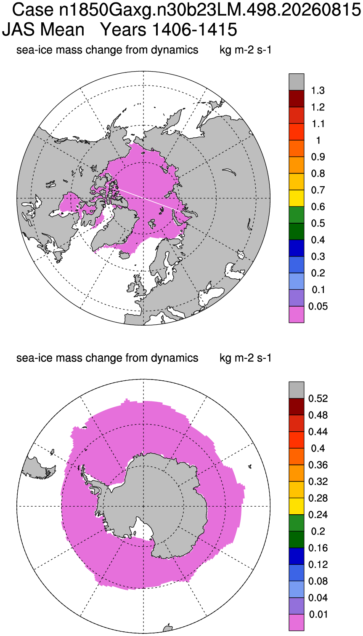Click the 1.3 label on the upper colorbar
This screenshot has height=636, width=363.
(x=318, y=91)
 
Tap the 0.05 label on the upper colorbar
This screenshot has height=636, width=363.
(x=318, y=306)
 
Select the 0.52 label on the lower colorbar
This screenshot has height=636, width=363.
(x=318, y=398)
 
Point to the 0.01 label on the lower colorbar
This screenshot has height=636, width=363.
(x=318, y=615)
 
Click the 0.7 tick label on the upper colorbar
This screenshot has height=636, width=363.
(x=318, y=190)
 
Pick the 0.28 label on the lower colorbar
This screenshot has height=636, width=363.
(x=318, y=498)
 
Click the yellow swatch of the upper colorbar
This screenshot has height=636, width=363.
(x=297, y=198)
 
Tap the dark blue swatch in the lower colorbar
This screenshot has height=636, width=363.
(x=297, y=556)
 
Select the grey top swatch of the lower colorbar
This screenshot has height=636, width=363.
(x=297, y=390)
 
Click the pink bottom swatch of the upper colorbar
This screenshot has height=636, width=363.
(x=297, y=314)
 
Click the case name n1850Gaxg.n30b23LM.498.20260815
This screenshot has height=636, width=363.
(x=210, y=10)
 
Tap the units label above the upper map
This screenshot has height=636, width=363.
(x=245, y=50)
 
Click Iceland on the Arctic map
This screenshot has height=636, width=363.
(x=125, y=256)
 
